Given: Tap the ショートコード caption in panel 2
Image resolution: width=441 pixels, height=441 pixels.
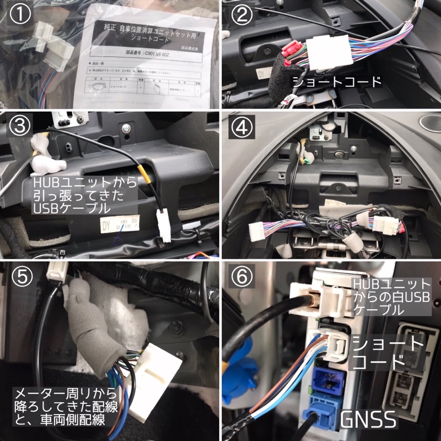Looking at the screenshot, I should click(x=337, y=82).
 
